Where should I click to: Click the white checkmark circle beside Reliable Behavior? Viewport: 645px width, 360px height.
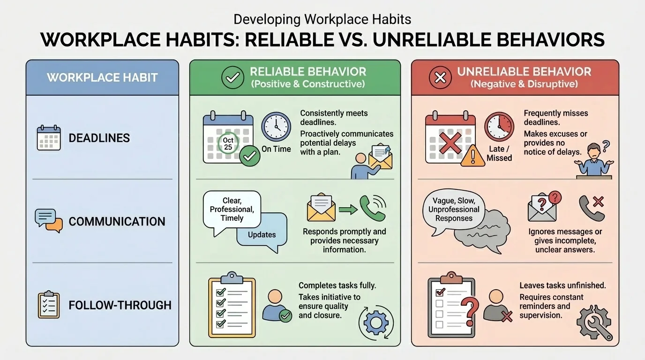click(x=232, y=78)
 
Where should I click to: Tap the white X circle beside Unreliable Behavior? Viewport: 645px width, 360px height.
click(x=440, y=78)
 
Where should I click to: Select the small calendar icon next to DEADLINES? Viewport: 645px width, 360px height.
click(x=49, y=138)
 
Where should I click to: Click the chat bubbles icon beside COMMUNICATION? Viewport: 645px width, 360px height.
click(x=49, y=221)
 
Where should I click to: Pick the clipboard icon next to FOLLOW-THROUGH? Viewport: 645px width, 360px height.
click(x=49, y=305)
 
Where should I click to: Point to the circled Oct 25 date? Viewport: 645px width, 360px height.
click(x=228, y=143)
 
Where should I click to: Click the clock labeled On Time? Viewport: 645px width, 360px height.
click(x=276, y=127)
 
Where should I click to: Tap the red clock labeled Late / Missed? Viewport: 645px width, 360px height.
click(x=499, y=127)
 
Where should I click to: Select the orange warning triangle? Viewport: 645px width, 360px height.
click(x=472, y=156)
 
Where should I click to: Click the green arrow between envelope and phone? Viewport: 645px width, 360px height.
click(x=347, y=209)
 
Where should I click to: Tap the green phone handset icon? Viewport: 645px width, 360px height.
click(x=373, y=208)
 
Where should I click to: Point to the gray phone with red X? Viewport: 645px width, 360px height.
click(x=592, y=207)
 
